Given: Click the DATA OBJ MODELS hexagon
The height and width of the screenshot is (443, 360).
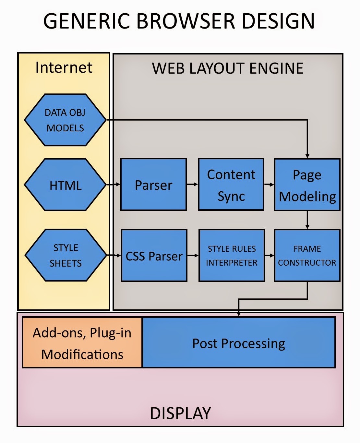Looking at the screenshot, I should tap(65, 120).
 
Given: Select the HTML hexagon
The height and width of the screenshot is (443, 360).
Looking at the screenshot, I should tap(65, 185).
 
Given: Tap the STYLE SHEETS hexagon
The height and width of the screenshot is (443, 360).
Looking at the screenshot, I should tap(66, 255).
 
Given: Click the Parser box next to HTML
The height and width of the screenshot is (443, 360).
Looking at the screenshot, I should tap(153, 185).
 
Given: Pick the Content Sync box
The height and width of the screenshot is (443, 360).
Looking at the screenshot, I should tap(231, 185).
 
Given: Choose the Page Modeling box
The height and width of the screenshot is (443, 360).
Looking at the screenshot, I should tap(307, 185).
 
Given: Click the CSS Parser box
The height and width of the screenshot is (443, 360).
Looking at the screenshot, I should tap(154, 256).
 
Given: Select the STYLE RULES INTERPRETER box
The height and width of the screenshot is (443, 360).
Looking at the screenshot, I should tap(232, 256).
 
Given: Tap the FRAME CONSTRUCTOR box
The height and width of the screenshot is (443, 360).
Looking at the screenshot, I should tap(307, 256).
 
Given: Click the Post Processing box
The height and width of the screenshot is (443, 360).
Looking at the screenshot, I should tap(239, 343).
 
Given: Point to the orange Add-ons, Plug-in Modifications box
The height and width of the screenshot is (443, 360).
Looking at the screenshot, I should tap(82, 343).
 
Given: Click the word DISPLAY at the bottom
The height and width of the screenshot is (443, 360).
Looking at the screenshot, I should tap(180, 413).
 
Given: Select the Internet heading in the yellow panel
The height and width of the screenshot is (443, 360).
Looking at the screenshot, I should tap(64, 67).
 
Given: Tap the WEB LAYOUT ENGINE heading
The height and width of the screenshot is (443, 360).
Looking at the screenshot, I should tap(228, 68).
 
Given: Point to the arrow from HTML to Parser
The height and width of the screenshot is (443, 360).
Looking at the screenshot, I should tap(114, 185).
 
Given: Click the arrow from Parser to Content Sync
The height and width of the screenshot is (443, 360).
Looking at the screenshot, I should tap(192, 185).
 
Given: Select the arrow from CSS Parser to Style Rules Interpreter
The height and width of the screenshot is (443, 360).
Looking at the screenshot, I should tap(193, 256).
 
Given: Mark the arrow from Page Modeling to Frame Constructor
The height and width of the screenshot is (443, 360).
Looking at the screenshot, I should tap(307, 220).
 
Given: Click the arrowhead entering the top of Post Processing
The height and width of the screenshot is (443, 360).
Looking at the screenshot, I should tap(239, 314).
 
